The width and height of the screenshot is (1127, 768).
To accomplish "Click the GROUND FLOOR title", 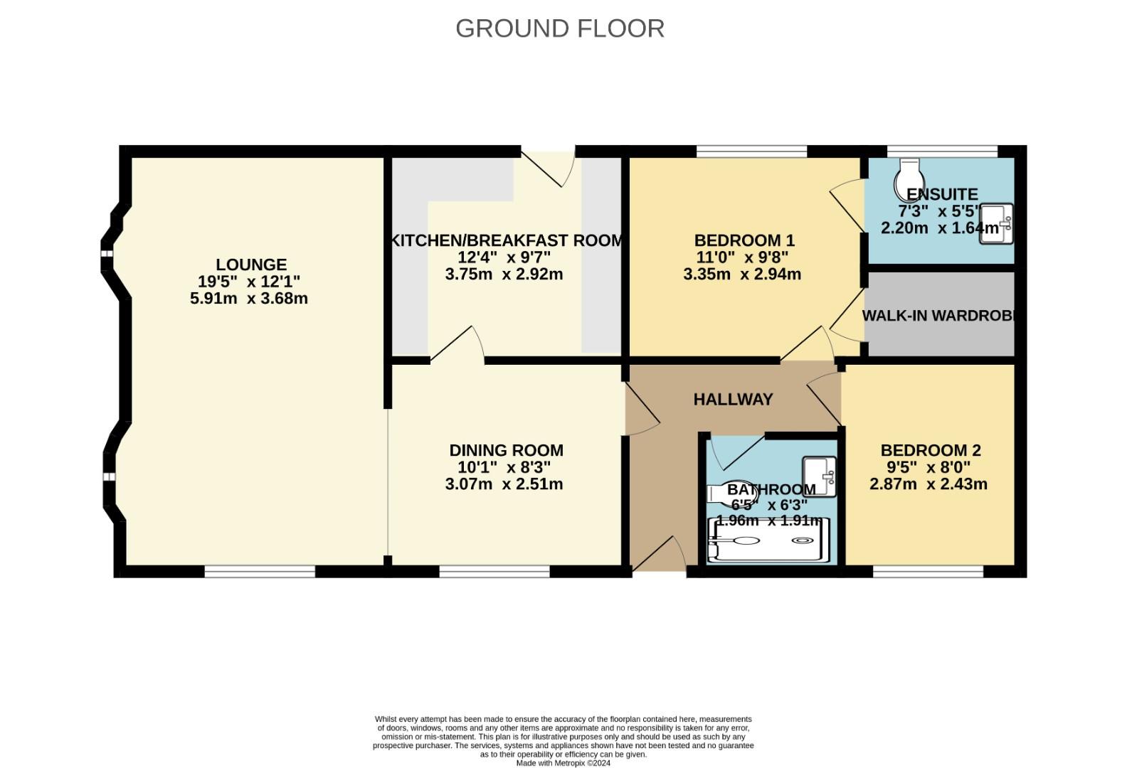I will click(560, 28).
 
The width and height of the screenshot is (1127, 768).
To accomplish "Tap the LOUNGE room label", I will click(251, 265).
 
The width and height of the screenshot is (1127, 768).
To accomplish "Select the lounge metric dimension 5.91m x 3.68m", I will click(249, 299).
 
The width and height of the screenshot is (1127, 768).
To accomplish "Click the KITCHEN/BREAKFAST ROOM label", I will click(507, 240).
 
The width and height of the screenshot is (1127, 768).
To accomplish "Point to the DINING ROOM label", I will click(506, 450).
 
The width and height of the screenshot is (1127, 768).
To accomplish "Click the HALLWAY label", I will click(733, 400).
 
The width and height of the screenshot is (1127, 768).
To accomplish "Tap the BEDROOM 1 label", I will click(744, 240).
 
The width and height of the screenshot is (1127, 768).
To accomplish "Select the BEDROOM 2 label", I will click(931, 450).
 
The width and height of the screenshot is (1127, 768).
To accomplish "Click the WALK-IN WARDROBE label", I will click(938, 316).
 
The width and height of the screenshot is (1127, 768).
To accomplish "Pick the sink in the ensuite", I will click(998, 224).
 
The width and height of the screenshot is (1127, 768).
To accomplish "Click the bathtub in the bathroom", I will click(768, 541).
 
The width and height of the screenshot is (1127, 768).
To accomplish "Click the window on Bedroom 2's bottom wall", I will click(928, 571).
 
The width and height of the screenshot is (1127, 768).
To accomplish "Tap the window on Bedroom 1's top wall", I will click(751, 151).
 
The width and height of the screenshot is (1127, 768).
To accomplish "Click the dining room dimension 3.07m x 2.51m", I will click(504, 484).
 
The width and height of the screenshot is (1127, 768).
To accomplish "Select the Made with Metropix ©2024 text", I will click(563, 763).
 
